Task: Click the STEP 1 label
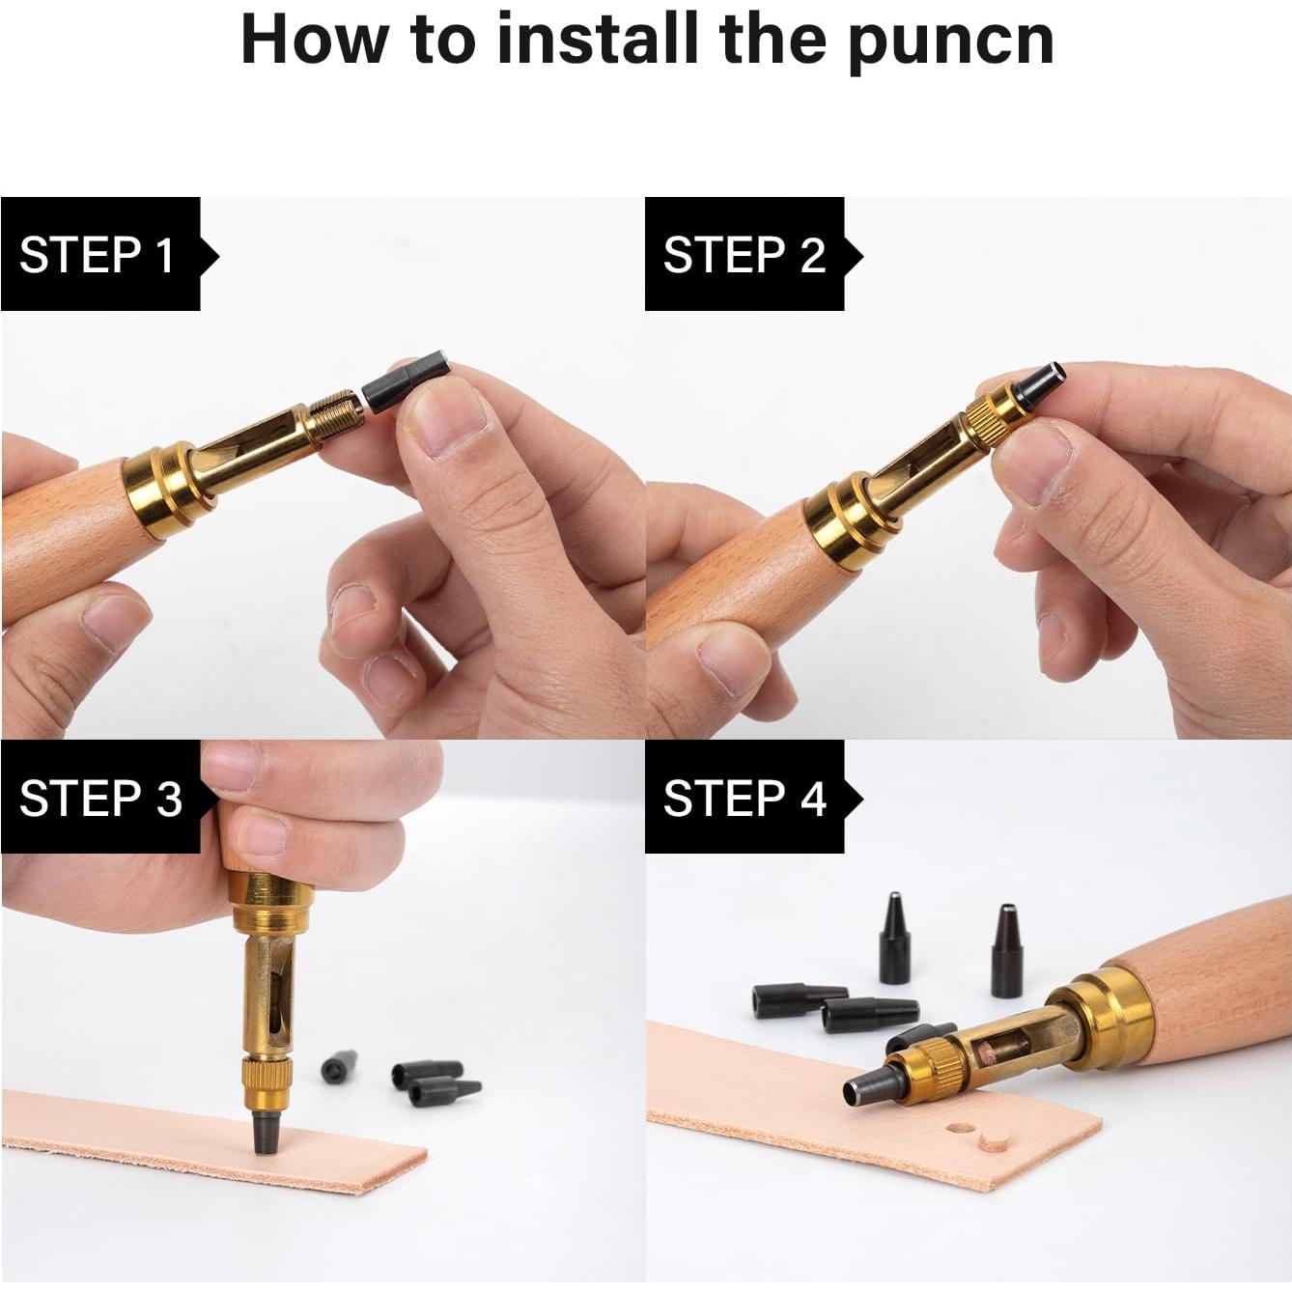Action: coord(98,255)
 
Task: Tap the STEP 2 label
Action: coord(744,255)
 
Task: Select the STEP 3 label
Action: coord(100,798)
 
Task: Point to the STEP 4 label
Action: coord(744,798)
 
